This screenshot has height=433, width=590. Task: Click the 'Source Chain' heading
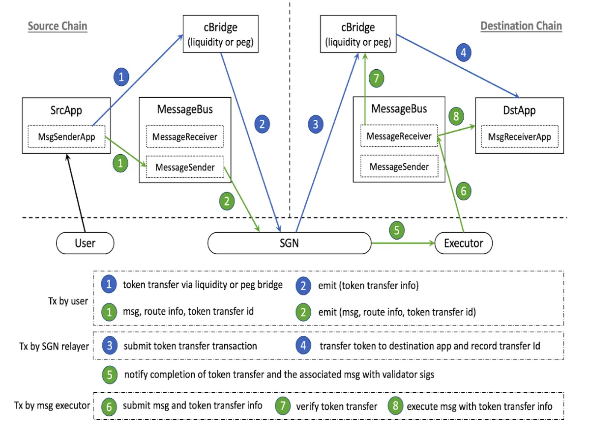58,26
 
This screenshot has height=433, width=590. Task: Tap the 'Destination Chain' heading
521,26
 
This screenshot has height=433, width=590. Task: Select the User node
85,243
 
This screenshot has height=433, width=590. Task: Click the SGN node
289,243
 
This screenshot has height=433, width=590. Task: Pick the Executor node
464,243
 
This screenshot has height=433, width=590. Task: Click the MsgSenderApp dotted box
66,136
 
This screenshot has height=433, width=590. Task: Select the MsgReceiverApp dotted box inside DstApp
519,136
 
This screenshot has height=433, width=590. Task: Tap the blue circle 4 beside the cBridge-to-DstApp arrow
464,53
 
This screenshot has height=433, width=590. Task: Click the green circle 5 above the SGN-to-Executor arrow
397,230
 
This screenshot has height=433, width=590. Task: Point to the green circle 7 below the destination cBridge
376,78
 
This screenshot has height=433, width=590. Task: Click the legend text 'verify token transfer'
337,406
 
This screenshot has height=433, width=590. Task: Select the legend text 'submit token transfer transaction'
190,346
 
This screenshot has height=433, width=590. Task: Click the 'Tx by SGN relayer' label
54,346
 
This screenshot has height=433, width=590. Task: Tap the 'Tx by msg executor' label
52,406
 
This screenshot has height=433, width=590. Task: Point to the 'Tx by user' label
68,301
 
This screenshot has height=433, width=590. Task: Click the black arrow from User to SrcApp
76,193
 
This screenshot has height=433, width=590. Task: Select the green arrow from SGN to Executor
403,243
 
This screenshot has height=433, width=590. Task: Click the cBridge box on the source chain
221,34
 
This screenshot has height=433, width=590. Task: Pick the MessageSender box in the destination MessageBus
399,166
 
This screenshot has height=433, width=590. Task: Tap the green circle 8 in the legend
395,406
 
